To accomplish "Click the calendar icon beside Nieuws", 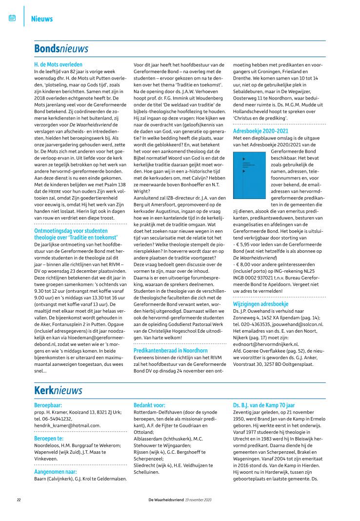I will tap(12, 18).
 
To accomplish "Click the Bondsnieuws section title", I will tap(61, 49).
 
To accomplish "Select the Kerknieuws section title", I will tap(58, 391).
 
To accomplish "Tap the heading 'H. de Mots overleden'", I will tap(58, 64).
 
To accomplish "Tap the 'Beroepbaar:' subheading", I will tap(48, 405).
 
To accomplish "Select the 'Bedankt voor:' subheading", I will tap(149, 405).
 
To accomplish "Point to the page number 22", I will tap(19, 500).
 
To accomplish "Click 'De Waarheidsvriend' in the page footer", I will tap(167, 500).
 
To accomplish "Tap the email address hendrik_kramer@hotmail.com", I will tap(67, 425).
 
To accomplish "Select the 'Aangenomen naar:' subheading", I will tap(56, 472).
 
